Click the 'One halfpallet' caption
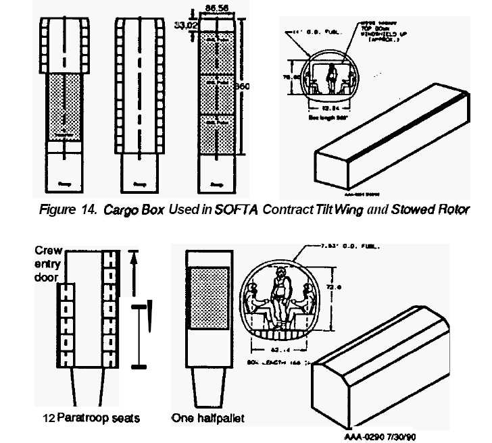pyautogui.click(x=207, y=418)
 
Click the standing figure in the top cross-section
pyautogui.click(x=332, y=75)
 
